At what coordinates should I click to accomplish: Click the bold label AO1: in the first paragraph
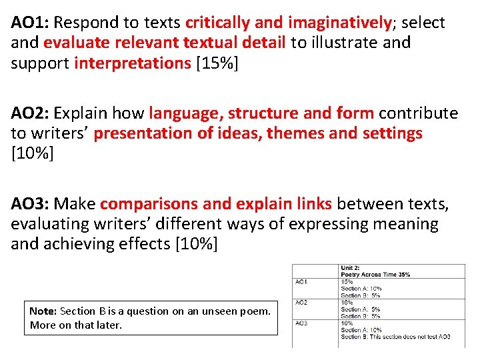click(30, 23)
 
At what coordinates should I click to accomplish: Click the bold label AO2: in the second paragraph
click(30, 113)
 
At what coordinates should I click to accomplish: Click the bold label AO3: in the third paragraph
click(30, 203)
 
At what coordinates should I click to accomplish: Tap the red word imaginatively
click(339, 23)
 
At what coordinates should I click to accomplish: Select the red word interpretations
click(133, 63)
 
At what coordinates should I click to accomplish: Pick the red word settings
click(393, 133)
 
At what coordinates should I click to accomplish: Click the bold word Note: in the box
click(43, 311)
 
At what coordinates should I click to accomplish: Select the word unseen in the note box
click(207, 311)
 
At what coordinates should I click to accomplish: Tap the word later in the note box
click(109, 325)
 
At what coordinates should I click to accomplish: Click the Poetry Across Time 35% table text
click(375, 274)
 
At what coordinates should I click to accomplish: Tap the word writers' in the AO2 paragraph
click(51, 133)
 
